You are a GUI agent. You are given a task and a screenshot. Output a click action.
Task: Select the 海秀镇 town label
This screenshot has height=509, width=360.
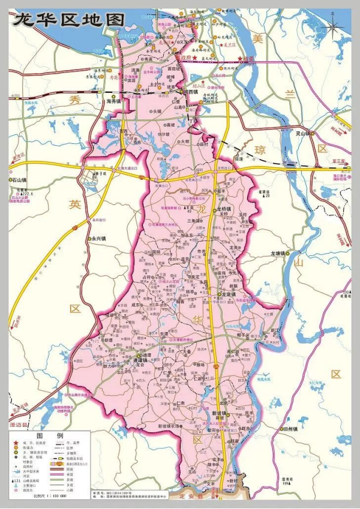113,101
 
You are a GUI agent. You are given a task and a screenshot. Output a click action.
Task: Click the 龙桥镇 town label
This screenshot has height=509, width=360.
227,207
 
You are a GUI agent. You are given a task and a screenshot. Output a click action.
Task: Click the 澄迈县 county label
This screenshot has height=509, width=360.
20,424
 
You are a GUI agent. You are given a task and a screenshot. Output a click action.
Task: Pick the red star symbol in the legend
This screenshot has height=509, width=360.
14,442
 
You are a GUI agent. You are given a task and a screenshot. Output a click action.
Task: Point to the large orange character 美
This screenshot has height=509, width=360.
258,39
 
